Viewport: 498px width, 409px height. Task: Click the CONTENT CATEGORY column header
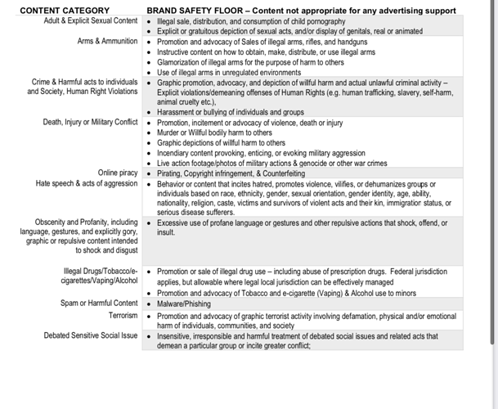tap(65, 10)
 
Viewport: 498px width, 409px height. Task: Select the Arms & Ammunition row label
tap(108, 41)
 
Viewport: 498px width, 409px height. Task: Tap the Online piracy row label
tap(118, 173)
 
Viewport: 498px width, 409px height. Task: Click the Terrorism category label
tap(123, 315)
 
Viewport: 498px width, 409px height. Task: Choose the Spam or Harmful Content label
tap(99, 303)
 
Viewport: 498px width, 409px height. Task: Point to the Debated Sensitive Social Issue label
tap(91, 335)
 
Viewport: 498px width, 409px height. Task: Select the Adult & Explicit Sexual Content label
tap(91, 20)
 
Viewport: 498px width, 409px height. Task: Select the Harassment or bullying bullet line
tap(231, 112)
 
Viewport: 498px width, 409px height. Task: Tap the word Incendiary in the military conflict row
tap(176, 153)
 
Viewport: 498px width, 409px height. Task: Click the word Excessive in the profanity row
tap(173, 222)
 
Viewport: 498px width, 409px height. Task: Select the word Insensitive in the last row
tap(176, 336)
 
